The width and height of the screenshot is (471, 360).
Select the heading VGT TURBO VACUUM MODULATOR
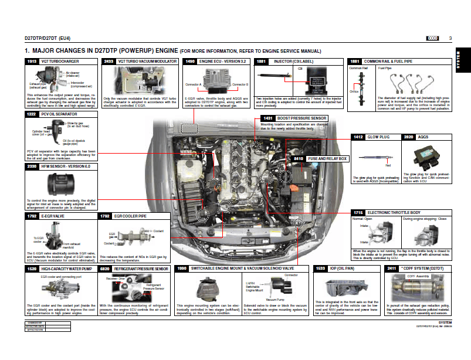tap(139, 61)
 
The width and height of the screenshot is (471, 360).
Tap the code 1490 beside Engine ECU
tap(190, 61)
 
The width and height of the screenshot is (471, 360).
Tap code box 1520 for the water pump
tap(32, 269)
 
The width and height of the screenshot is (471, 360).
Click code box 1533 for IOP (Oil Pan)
tap(320, 269)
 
